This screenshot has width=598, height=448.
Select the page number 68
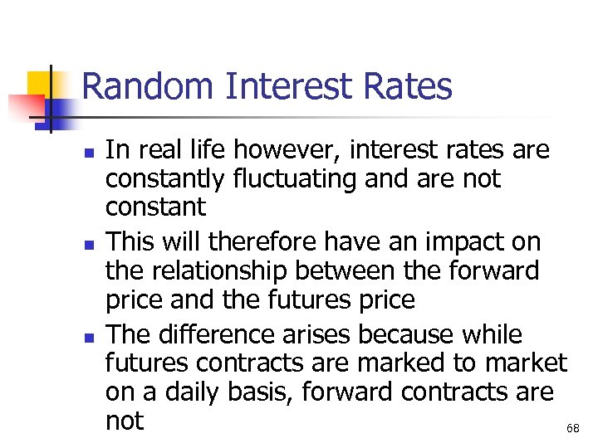tap(572, 428)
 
